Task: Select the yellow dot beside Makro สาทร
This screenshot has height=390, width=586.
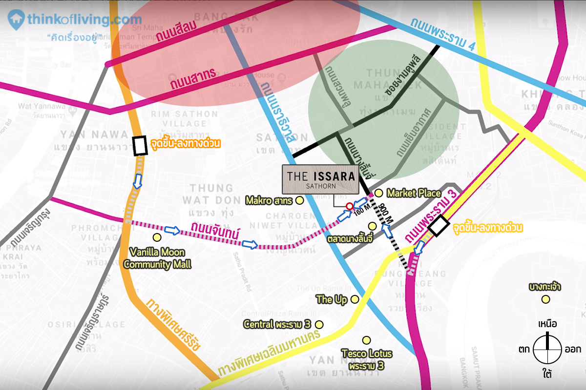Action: tap(300, 200)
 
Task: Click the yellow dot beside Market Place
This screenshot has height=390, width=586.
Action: tap(378, 194)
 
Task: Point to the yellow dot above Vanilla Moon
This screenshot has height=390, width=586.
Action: tap(157, 237)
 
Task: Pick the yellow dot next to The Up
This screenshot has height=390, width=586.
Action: tap(355, 299)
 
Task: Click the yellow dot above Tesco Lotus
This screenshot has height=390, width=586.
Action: tap(366, 340)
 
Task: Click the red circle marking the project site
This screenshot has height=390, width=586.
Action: tap(349, 206)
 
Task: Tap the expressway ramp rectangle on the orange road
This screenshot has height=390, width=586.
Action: tap(140, 146)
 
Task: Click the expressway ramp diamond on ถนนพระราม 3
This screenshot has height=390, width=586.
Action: tap(438, 226)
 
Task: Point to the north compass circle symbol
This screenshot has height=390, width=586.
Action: tap(547, 349)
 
